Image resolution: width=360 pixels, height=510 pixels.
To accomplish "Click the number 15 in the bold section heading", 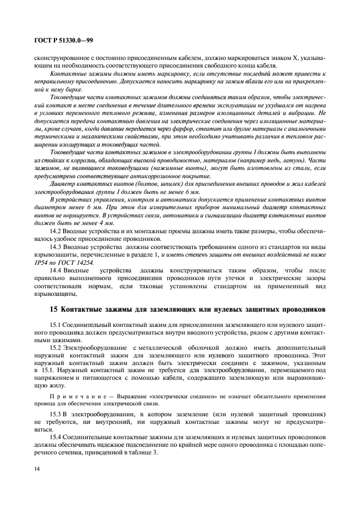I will tap(53, 310).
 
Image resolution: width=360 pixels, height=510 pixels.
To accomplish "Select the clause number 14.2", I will tap(56, 232).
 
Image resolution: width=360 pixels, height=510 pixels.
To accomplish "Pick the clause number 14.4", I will tap(56, 270).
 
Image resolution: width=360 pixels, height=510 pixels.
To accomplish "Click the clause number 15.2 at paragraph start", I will tap(56, 347).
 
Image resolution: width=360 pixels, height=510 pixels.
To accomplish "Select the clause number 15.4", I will tap(56, 438).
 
